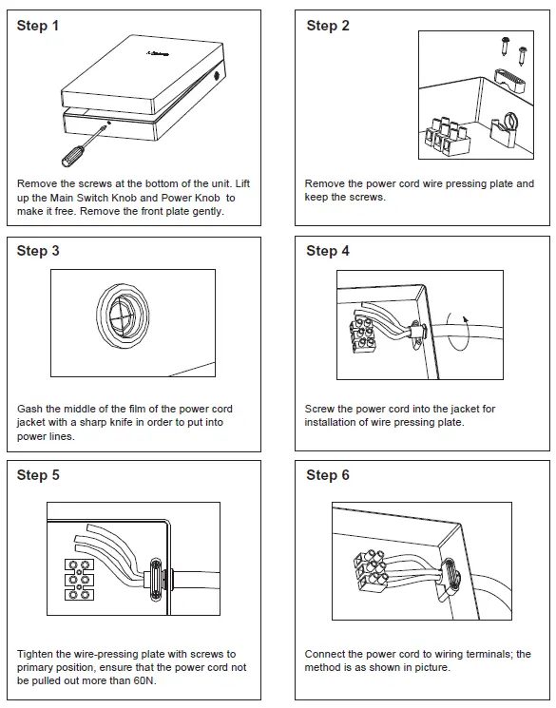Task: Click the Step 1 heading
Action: [x=38, y=26]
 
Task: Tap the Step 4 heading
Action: [x=328, y=251]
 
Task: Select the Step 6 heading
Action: [x=328, y=475]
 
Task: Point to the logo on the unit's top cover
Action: [x=157, y=54]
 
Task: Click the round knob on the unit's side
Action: [x=217, y=75]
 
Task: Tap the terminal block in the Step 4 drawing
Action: [x=363, y=335]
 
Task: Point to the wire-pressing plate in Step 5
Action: [x=155, y=580]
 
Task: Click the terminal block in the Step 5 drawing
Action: [x=80, y=580]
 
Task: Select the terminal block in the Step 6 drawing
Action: [x=371, y=571]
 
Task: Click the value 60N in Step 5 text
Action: [x=144, y=680]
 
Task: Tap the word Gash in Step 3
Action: [x=29, y=409]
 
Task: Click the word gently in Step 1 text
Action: [x=208, y=211]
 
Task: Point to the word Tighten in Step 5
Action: [x=36, y=654]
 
